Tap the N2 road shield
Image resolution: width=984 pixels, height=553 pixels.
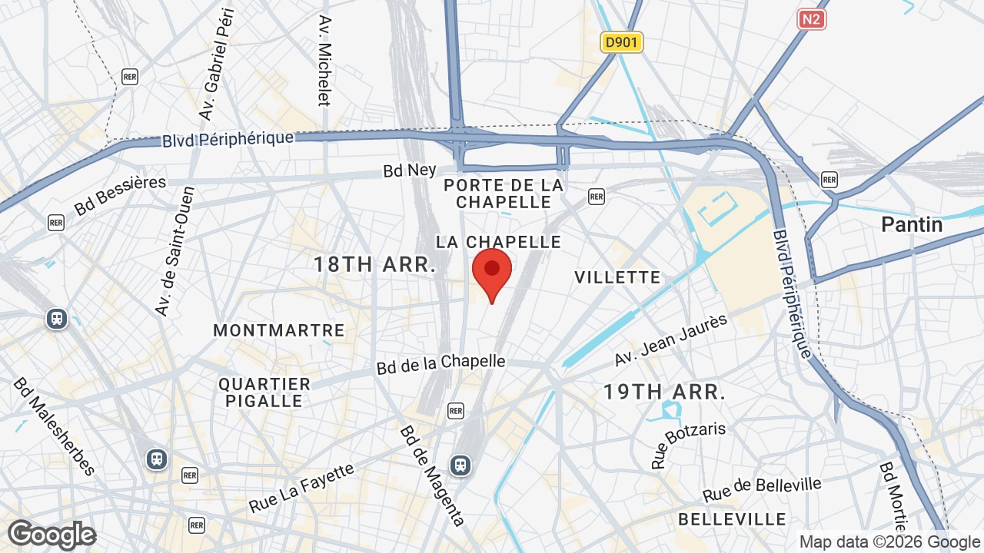pyautogui.click(x=811, y=19)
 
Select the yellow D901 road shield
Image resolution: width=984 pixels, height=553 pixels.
pyautogui.click(x=621, y=42)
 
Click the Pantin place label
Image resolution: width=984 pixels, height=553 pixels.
pyautogui.click(x=912, y=224)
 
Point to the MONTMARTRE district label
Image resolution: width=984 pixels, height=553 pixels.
pyautogui.click(x=279, y=330)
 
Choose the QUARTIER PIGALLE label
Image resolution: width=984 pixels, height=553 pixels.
pyautogui.click(x=264, y=392)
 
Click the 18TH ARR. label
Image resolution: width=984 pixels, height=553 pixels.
pyautogui.click(x=374, y=264)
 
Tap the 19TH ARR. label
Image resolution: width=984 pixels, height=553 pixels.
pyautogui.click(x=664, y=392)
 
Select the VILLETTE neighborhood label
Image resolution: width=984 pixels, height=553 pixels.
pyautogui.click(x=617, y=277)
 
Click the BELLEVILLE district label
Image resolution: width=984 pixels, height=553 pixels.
pyautogui.click(x=732, y=520)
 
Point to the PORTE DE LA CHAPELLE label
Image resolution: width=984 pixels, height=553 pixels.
pyautogui.click(x=504, y=194)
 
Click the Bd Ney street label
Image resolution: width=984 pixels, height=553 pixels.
pyautogui.click(x=410, y=170)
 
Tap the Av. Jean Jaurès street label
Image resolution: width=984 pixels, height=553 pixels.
pyautogui.click(x=670, y=340)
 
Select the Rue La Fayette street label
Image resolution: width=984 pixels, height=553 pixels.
pyautogui.click(x=302, y=488)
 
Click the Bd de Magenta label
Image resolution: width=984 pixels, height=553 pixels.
pyautogui.click(x=432, y=476)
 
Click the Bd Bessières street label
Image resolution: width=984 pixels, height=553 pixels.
pyautogui.click(x=121, y=195)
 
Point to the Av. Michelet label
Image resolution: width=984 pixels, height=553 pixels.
pyautogui.click(x=324, y=61)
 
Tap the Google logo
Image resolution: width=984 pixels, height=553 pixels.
pyautogui.click(x=52, y=535)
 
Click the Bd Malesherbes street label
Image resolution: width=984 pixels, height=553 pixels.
pyautogui.click(x=54, y=427)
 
